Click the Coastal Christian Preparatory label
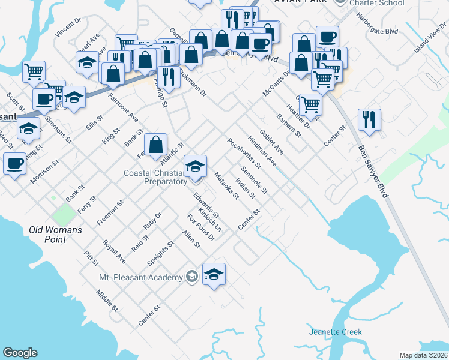pos(155,177)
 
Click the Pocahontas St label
pos(244,152)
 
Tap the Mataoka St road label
pos(226,185)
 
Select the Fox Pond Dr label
pos(200,227)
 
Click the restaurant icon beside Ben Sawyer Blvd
pos(369,119)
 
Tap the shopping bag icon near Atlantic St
pos(155,144)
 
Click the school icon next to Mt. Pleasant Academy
pos(214,274)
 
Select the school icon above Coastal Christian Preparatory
pos(195,166)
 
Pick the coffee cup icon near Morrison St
pos(14,163)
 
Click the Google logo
pos(20,353)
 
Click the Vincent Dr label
pos(68,28)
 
